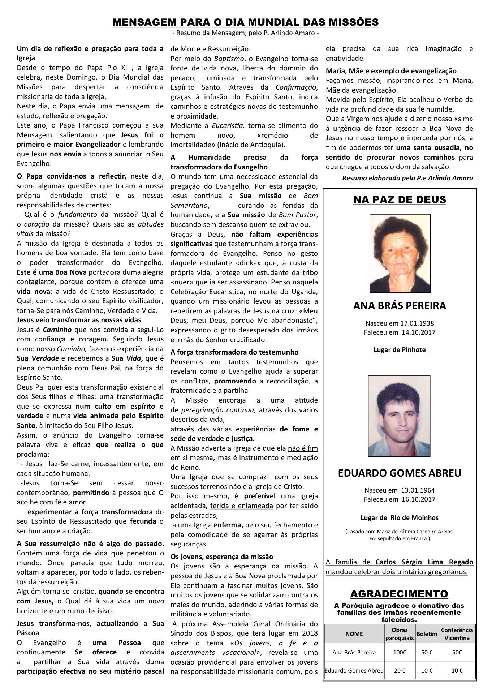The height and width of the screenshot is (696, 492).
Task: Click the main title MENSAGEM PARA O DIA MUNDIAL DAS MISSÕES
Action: coord(246,22)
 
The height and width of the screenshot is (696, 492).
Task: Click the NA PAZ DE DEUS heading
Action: coord(399,199)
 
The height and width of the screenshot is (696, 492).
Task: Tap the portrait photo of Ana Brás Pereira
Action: coord(400,253)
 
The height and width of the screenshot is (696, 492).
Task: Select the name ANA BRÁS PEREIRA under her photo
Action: coord(400,306)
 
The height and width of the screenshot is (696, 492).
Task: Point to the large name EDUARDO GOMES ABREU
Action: coord(400,473)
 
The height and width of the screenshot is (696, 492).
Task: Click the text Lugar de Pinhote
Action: coord(400,349)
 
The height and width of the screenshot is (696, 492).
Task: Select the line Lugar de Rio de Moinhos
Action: coord(400,517)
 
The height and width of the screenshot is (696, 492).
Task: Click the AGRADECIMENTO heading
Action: coord(399,593)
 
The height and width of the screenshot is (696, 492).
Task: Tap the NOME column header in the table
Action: coord(354,633)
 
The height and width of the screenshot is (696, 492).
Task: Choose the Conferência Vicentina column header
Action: coord(457,633)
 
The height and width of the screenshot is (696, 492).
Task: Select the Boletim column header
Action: coord(427,634)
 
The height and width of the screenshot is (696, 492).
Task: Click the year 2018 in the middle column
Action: coord(310,633)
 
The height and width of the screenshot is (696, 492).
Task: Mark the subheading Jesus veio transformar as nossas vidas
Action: coord(79,320)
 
